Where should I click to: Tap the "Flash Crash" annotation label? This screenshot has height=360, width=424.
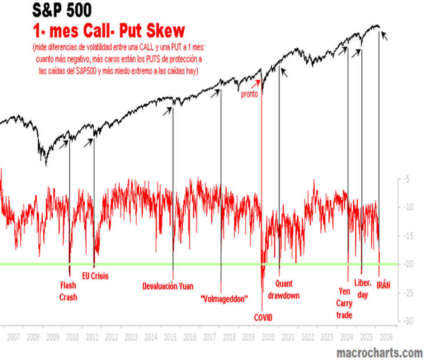(x=68, y=291)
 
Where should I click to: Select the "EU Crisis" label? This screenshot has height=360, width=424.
(x=95, y=276)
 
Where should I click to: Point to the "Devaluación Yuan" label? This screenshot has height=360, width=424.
(x=168, y=286)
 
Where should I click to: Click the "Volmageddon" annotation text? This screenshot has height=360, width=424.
(x=224, y=299)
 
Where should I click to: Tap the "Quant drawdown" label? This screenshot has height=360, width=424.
(x=287, y=289)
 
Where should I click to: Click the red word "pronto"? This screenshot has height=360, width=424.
(x=250, y=94)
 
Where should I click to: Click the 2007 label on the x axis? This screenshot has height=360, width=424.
(x=13, y=337)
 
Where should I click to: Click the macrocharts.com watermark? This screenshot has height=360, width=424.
(x=379, y=352)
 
